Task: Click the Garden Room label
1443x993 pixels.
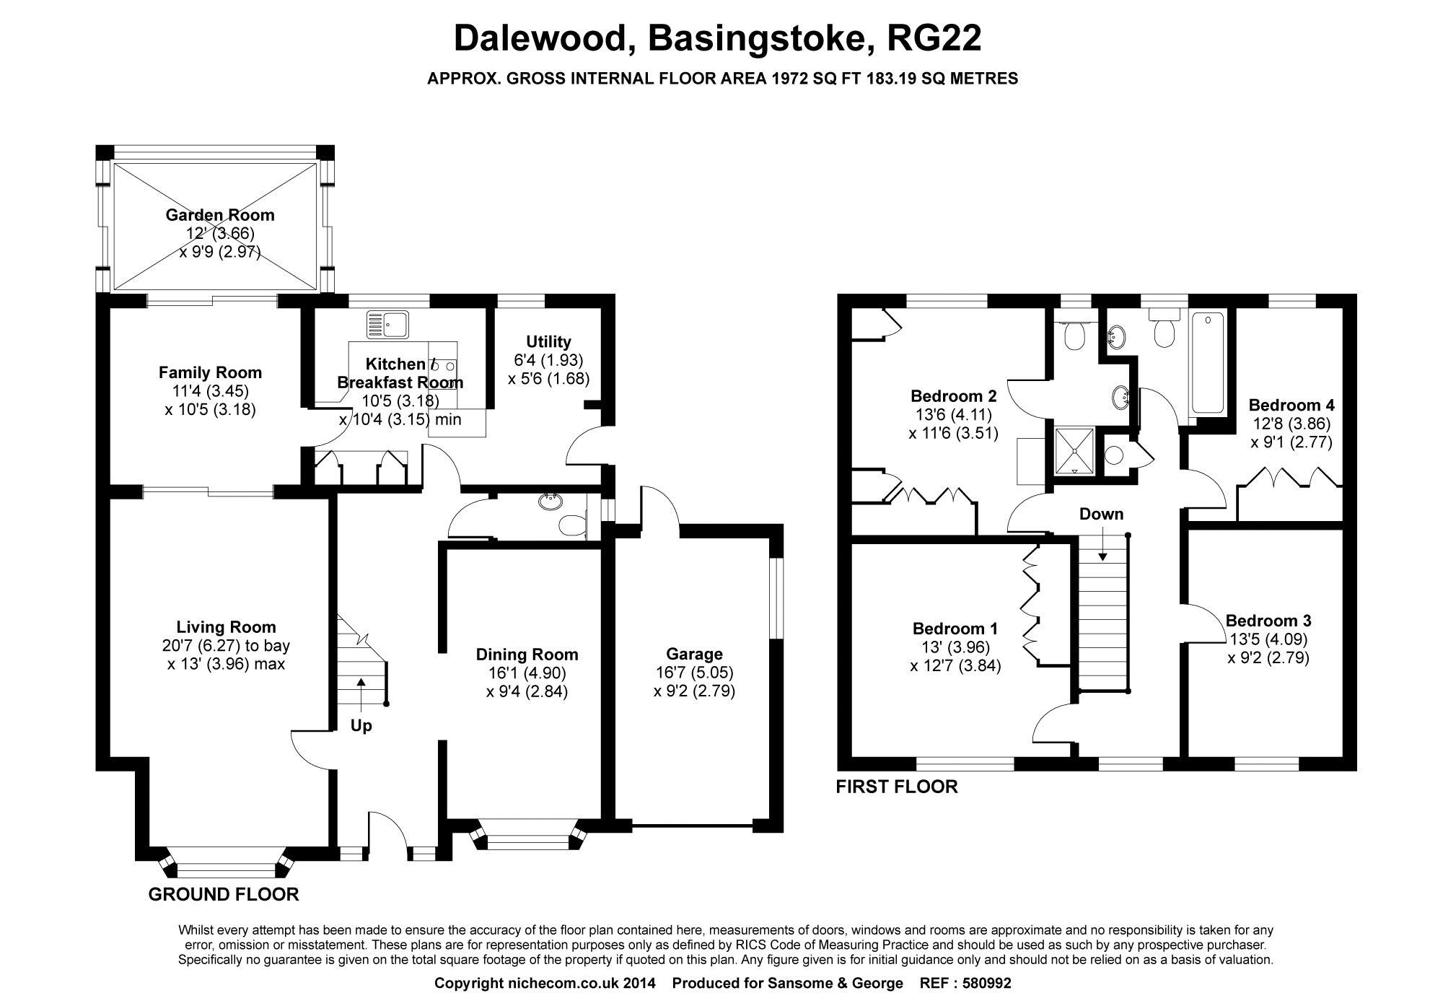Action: point(219,214)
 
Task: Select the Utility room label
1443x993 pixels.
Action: point(548,341)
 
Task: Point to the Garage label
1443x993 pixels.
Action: point(694,654)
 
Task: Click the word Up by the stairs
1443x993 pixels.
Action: point(361,726)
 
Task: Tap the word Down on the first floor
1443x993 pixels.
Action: point(1101,514)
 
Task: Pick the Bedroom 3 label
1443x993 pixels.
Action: point(1268,621)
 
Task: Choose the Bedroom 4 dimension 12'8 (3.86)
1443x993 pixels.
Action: point(1291,424)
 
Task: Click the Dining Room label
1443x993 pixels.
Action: point(527,655)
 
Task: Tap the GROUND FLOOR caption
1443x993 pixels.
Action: point(224,895)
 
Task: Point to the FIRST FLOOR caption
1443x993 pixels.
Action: point(897,787)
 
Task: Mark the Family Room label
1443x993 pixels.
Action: point(210,372)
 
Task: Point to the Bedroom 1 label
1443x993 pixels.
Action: point(955,629)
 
